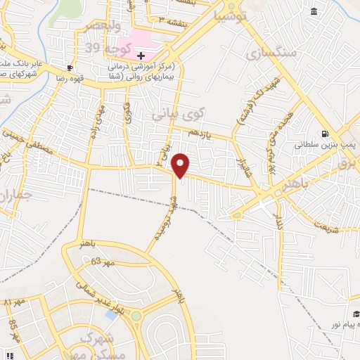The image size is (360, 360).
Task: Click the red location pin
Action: [181, 165]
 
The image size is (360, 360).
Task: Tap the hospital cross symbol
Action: [141, 55]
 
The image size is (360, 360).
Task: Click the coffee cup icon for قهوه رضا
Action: [70, 68]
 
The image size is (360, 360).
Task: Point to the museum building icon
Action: [313, 12]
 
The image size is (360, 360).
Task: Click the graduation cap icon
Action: [356, 314]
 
